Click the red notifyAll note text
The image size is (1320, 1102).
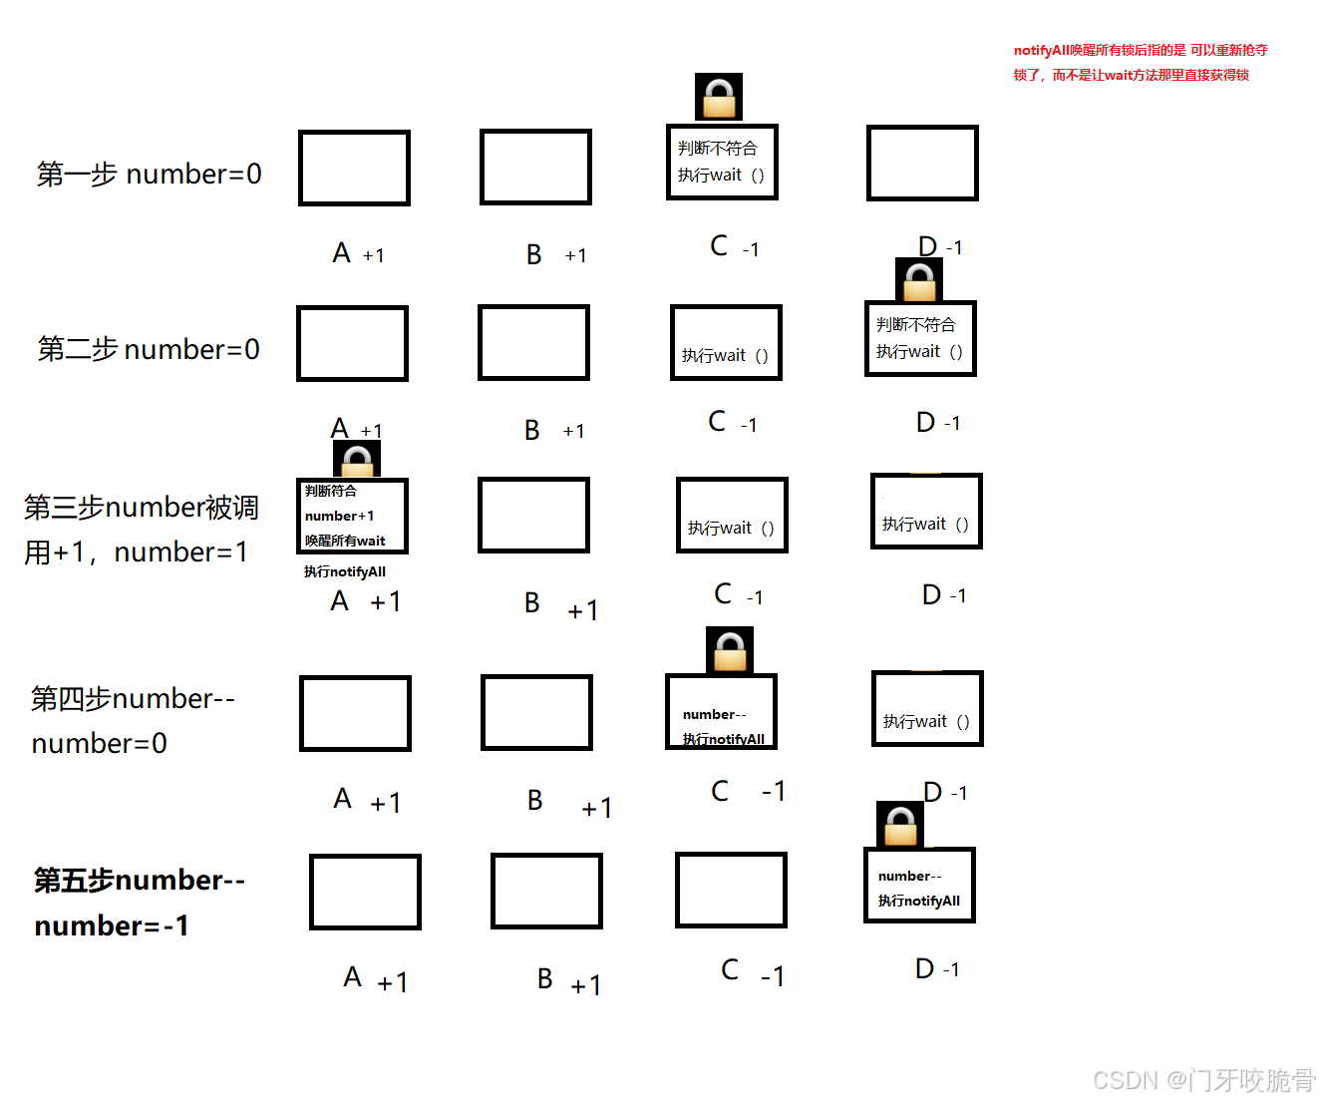(x=1140, y=62)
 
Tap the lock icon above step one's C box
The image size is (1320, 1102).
(x=719, y=97)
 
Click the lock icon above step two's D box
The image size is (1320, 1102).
(x=919, y=280)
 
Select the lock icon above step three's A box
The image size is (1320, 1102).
(x=357, y=460)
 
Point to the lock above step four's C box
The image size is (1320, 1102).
(x=730, y=650)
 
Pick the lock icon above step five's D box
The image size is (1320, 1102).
(x=900, y=825)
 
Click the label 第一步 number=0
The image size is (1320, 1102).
(x=150, y=175)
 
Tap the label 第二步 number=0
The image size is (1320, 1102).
(x=149, y=350)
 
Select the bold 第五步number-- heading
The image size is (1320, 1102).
(x=140, y=881)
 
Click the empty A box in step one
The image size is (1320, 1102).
(x=354, y=168)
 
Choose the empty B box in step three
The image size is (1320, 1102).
(x=533, y=515)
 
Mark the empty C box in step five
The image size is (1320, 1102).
(x=731, y=890)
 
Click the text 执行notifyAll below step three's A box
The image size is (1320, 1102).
(x=345, y=572)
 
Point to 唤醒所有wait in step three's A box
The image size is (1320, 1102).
(x=345, y=541)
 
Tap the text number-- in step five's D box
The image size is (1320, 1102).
(x=909, y=877)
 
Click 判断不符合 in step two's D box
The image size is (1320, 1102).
(x=915, y=325)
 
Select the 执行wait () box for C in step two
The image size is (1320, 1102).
(x=726, y=343)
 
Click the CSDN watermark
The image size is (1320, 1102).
(x=1203, y=1080)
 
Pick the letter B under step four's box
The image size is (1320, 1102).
(x=535, y=801)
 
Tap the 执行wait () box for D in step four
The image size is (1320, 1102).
(x=927, y=709)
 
